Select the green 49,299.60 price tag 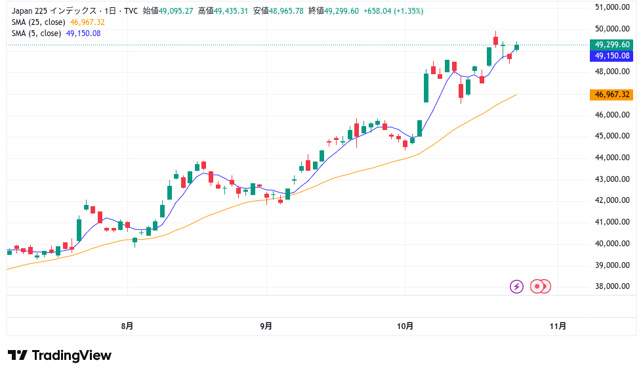point(612,45)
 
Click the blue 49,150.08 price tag point(612,56)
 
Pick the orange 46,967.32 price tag point(612,95)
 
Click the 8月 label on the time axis point(127,326)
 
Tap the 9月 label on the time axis point(266,326)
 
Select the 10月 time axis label point(405,326)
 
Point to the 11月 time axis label point(558,326)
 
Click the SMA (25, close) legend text point(37,22)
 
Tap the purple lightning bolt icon point(516,286)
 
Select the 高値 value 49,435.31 point(226,11)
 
